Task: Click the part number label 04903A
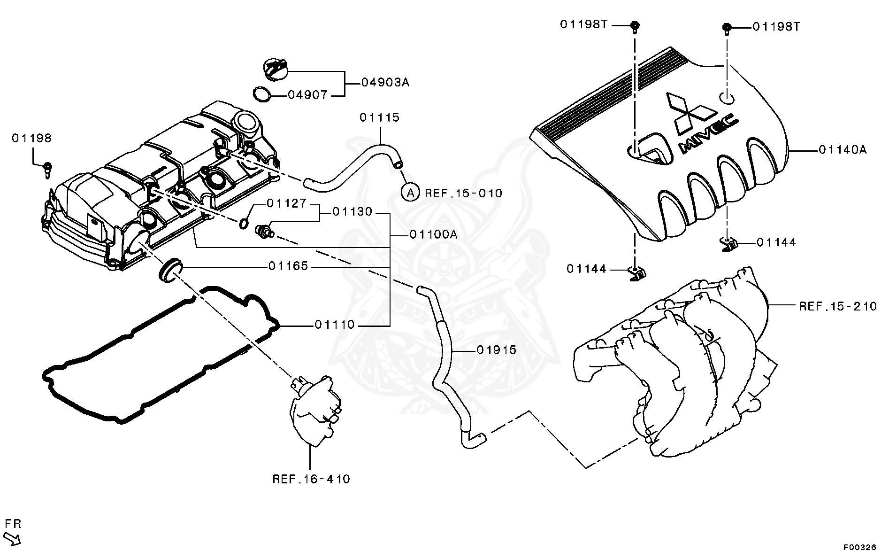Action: point(385,83)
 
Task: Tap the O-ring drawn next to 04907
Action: point(262,94)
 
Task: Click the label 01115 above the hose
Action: point(379,117)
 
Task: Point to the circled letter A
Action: point(410,192)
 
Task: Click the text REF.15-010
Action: point(463,193)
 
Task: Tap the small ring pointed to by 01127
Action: point(244,223)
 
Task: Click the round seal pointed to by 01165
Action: point(169,270)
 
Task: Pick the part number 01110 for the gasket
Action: point(335,325)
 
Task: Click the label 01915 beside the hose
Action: point(496,350)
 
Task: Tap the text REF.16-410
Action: point(311,479)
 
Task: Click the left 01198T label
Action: point(583,24)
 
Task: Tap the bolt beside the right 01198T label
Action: point(726,29)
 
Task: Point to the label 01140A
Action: point(843,150)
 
